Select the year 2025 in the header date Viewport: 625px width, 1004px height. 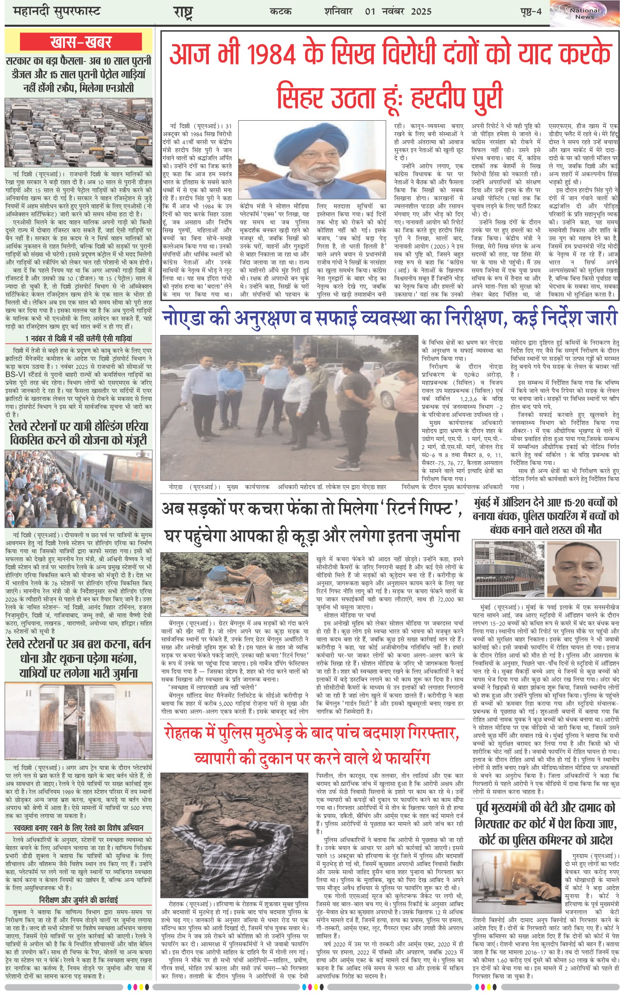click(421, 11)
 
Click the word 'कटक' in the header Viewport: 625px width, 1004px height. click(281, 11)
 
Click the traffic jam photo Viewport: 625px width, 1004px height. click(78, 133)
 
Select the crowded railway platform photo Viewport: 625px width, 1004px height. click(78, 489)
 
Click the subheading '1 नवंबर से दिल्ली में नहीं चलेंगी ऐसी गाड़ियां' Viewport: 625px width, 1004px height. click(78, 339)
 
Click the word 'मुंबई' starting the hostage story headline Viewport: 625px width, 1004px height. click(487, 503)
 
